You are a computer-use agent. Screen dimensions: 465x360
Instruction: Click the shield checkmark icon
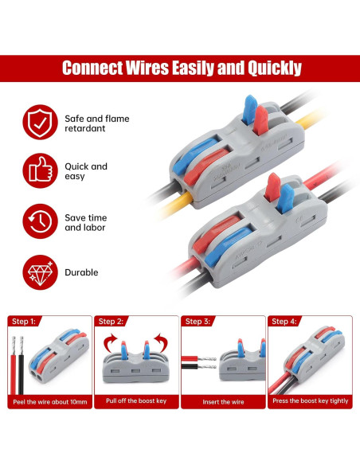(38, 123)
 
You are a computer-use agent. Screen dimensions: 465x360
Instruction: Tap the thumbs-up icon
(38, 171)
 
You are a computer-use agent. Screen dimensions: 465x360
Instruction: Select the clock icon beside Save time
(38, 221)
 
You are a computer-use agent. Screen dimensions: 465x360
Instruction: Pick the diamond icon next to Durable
(38, 272)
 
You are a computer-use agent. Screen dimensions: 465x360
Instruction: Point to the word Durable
(82, 272)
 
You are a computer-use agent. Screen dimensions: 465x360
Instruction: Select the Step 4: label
(284, 322)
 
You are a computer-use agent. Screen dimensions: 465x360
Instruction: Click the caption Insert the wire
(223, 401)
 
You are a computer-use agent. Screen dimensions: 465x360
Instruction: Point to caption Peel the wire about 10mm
(49, 401)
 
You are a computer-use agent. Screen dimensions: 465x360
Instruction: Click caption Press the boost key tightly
(311, 401)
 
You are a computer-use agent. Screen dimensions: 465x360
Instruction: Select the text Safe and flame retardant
(96, 123)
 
